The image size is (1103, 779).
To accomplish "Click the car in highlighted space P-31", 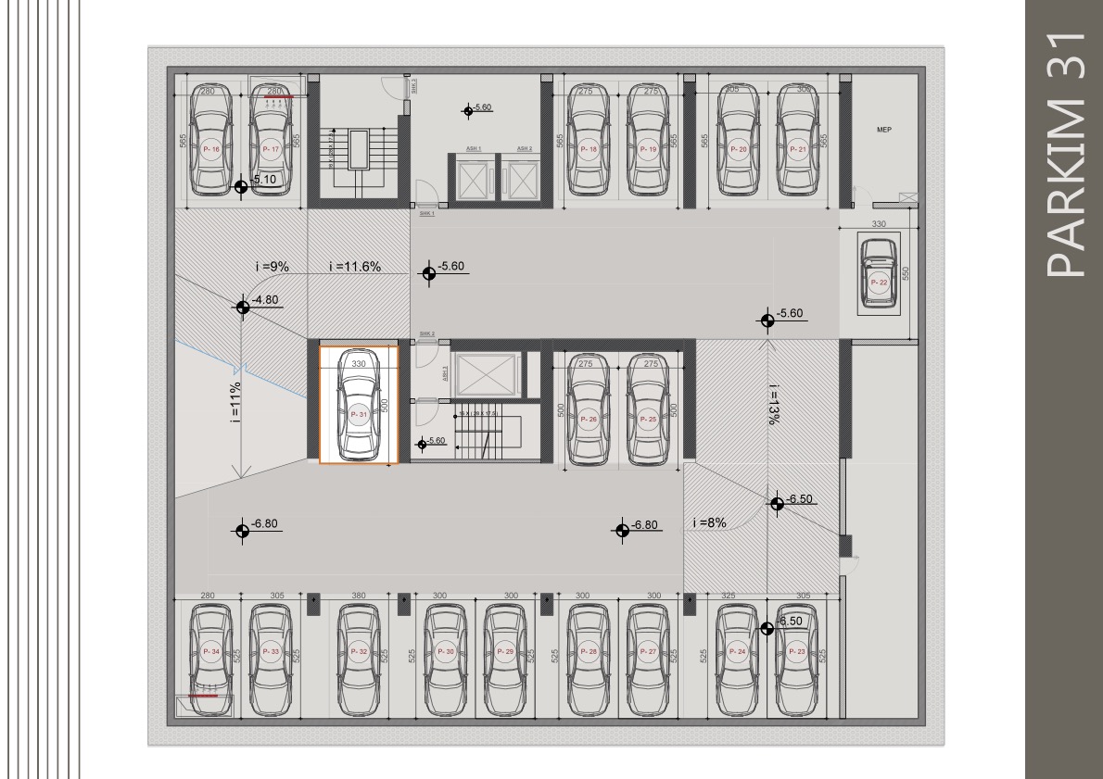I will coord(359,405).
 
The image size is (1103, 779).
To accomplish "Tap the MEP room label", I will coord(883,131).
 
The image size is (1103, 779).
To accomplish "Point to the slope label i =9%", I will coord(273,267).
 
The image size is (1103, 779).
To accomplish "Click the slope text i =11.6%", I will coord(355,267).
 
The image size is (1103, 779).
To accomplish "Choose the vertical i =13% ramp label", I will coord(772,404).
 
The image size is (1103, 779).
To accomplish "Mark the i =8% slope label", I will coord(709,522).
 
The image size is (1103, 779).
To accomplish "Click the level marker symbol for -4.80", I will coord(243,307).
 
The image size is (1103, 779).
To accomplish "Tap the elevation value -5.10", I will coord(264,179).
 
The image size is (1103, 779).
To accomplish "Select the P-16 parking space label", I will coord(210,149).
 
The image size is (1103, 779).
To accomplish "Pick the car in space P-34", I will coord(210,659).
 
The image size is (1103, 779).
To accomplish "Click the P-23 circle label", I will coord(796,651).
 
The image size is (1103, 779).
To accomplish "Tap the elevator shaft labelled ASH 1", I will coord(473,175).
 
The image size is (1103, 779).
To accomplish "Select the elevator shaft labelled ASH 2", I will coord(524,175).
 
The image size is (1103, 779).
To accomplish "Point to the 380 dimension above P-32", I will coord(359,596).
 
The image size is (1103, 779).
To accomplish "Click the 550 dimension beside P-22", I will coord(907,272).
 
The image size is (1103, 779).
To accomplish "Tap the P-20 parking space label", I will coord(738,149).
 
